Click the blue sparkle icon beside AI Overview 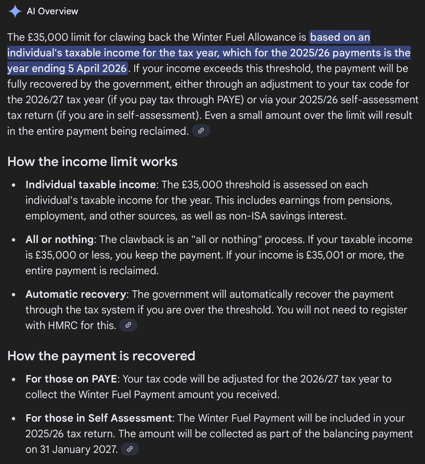pyautogui.click(x=15, y=11)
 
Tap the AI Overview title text pyautogui.click(x=52, y=11)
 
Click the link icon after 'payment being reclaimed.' pyautogui.click(x=201, y=131)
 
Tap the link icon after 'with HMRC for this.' pyautogui.click(x=128, y=325)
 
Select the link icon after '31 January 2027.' pyautogui.click(x=130, y=449)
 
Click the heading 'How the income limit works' pyautogui.click(x=92, y=162)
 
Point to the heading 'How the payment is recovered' pyautogui.click(x=101, y=356)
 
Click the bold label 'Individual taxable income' pyautogui.click(x=91, y=184)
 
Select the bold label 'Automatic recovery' pyautogui.click(x=76, y=294)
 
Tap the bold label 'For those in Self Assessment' pyautogui.click(x=99, y=418)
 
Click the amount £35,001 pyautogui.click(x=325, y=255)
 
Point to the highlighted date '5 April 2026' pyautogui.click(x=97, y=69)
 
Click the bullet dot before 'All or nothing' pyautogui.click(x=14, y=240)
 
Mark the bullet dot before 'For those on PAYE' pyautogui.click(x=14, y=379)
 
